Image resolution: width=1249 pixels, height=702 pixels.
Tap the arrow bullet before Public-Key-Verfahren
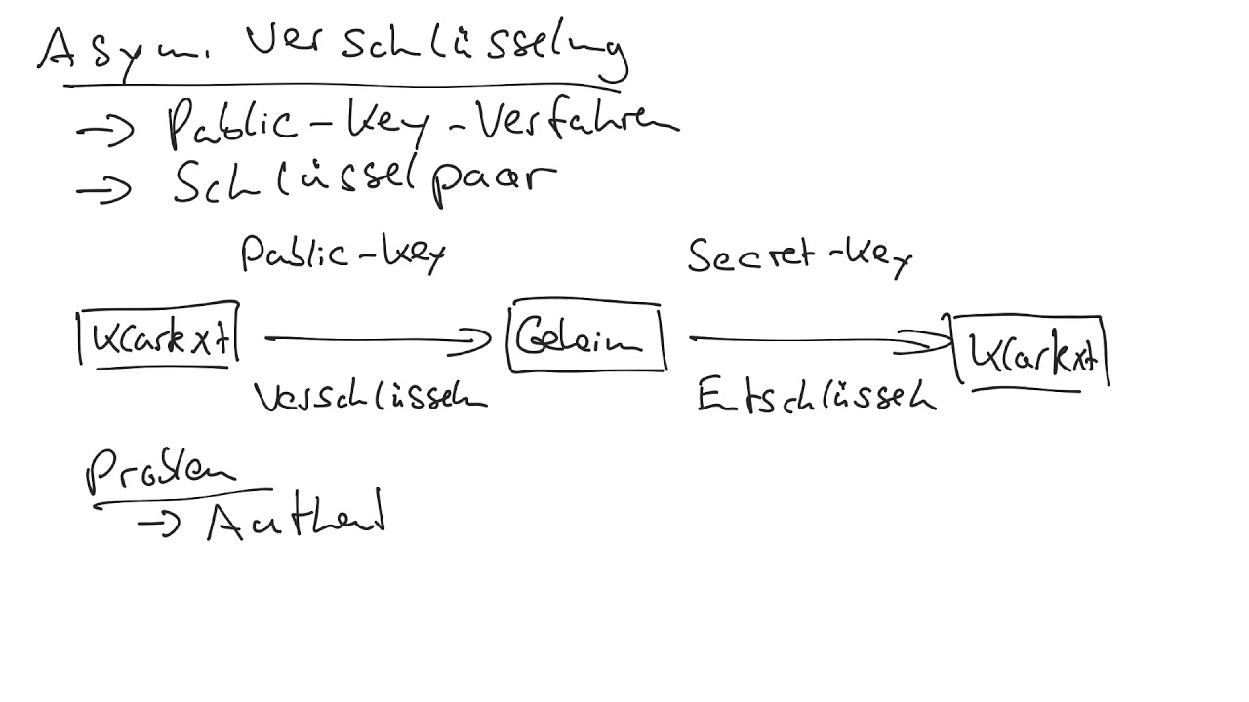click(x=104, y=130)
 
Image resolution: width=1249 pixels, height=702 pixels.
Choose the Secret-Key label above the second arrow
click(x=799, y=257)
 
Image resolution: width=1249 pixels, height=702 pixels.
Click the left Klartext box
click(x=158, y=337)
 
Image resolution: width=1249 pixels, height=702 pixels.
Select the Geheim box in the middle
click(x=585, y=338)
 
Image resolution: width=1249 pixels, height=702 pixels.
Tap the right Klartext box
click(x=1031, y=352)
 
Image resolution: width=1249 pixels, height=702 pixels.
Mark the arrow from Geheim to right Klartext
click(x=820, y=340)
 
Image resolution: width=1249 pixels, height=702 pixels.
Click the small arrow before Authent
click(x=158, y=525)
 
